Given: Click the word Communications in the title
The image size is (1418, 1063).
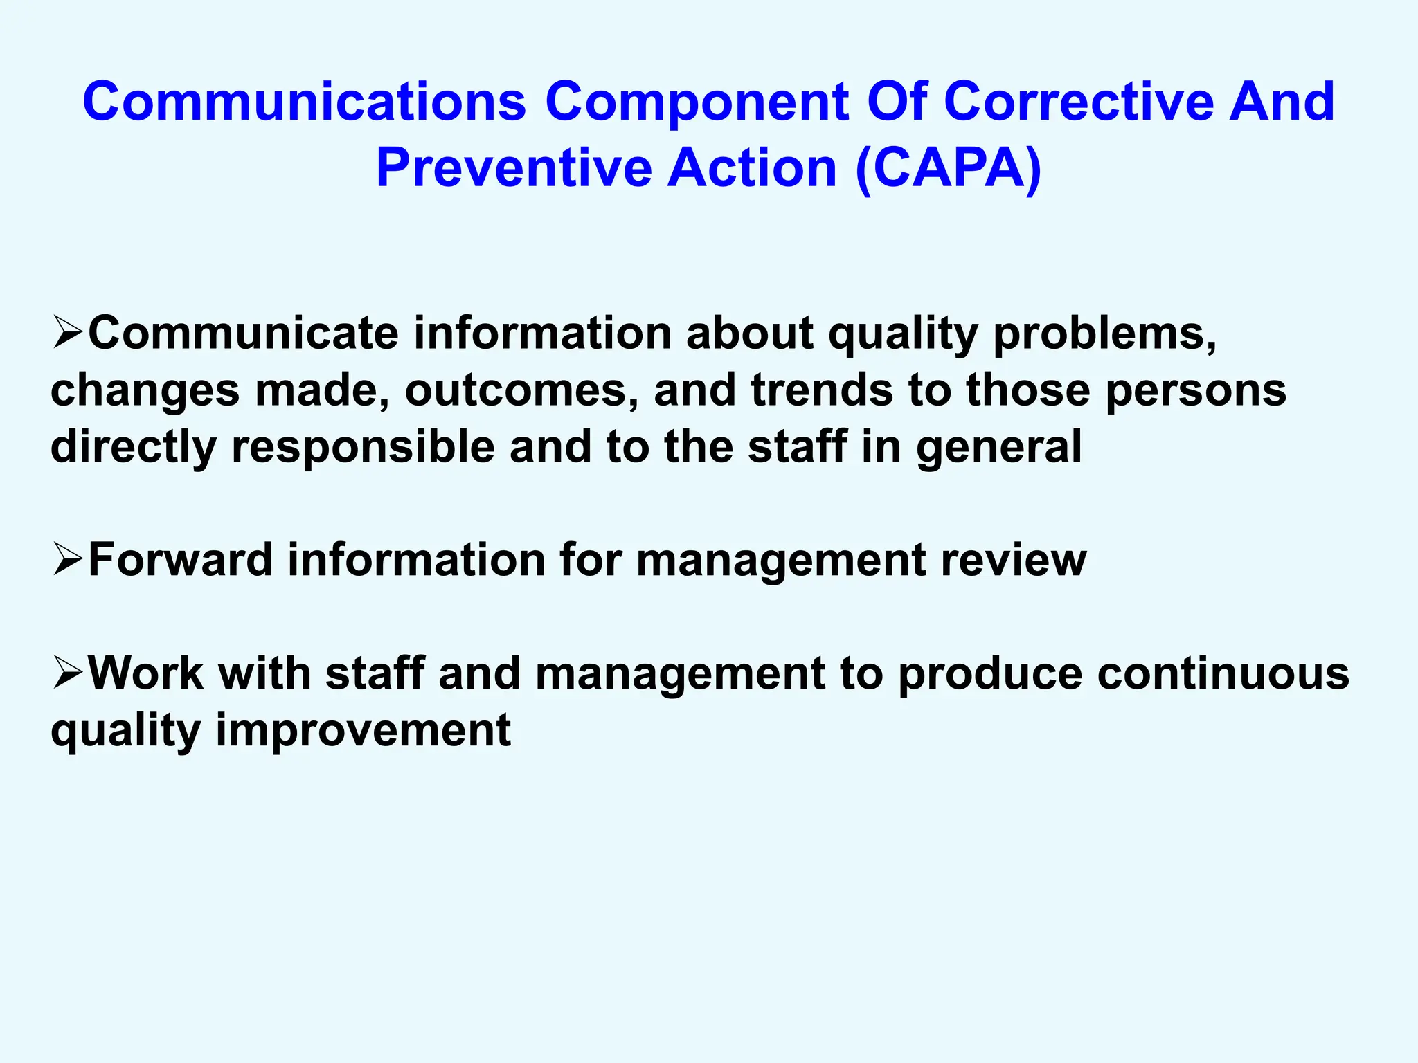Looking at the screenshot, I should click(x=305, y=102).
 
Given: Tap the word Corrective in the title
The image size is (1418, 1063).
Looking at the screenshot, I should click(x=1079, y=102).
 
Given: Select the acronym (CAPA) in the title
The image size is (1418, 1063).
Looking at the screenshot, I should click(x=948, y=168).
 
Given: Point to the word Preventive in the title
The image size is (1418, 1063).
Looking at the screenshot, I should click(x=514, y=168).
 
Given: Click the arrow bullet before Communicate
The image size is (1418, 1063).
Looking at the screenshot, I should click(x=68, y=333).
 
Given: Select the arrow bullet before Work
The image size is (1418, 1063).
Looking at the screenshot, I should click(x=68, y=673).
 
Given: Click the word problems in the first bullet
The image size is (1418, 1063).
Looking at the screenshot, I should click(x=1104, y=334).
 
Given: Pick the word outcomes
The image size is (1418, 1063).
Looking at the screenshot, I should click(x=521, y=390).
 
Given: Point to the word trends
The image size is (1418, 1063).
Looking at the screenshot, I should click(x=822, y=390).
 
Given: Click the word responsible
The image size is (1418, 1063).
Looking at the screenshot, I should click(x=363, y=447).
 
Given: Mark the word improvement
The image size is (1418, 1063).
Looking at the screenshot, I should click(x=364, y=731).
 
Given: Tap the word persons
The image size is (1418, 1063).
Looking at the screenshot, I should click(x=1196, y=391).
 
